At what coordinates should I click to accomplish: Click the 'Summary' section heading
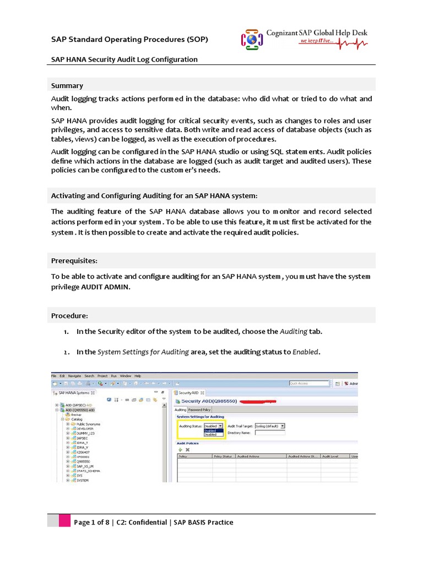(x=67, y=85)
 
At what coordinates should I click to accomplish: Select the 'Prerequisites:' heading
(x=74, y=260)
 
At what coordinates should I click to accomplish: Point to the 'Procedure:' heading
(x=69, y=316)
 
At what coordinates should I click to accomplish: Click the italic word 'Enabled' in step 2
(x=306, y=351)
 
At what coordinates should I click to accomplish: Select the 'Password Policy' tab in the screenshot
(x=199, y=410)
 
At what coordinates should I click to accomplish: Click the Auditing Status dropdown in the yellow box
(x=214, y=426)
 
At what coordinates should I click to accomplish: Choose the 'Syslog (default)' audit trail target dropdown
(x=269, y=426)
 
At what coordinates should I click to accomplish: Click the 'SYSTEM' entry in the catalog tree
(x=83, y=480)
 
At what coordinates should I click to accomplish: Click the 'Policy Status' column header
(x=223, y=456)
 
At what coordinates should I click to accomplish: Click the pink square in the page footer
(x=65, y=522)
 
